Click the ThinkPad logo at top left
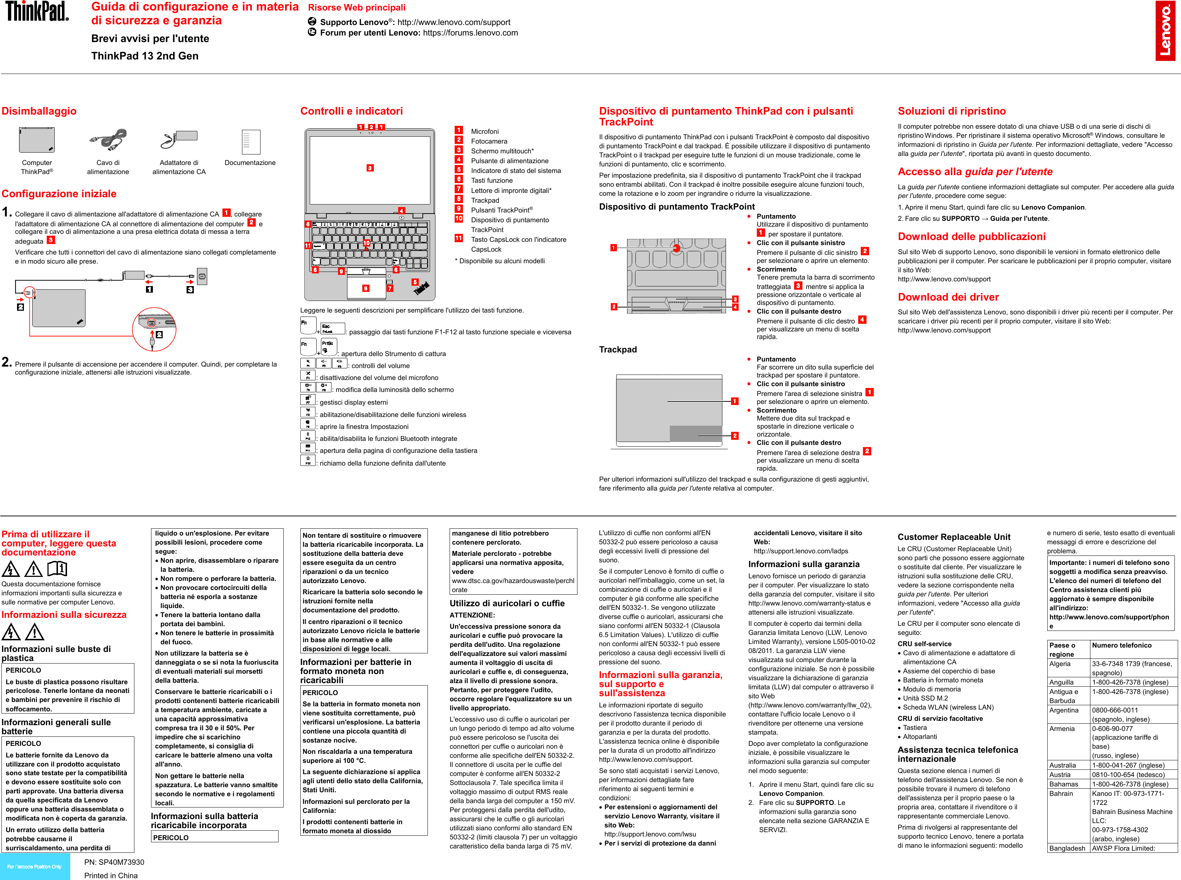37,11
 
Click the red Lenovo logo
1165,30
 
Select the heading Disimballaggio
39,111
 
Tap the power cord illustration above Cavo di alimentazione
108,140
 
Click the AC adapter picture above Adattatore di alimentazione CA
179,140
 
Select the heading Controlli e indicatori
351,111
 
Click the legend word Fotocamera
489,141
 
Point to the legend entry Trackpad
485,200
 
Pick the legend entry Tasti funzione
491,181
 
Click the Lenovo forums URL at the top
470,33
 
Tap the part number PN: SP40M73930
114,862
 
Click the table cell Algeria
1059,664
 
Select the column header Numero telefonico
1121,645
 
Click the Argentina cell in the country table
1063,710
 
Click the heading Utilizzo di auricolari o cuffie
507,603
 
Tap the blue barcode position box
34,867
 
